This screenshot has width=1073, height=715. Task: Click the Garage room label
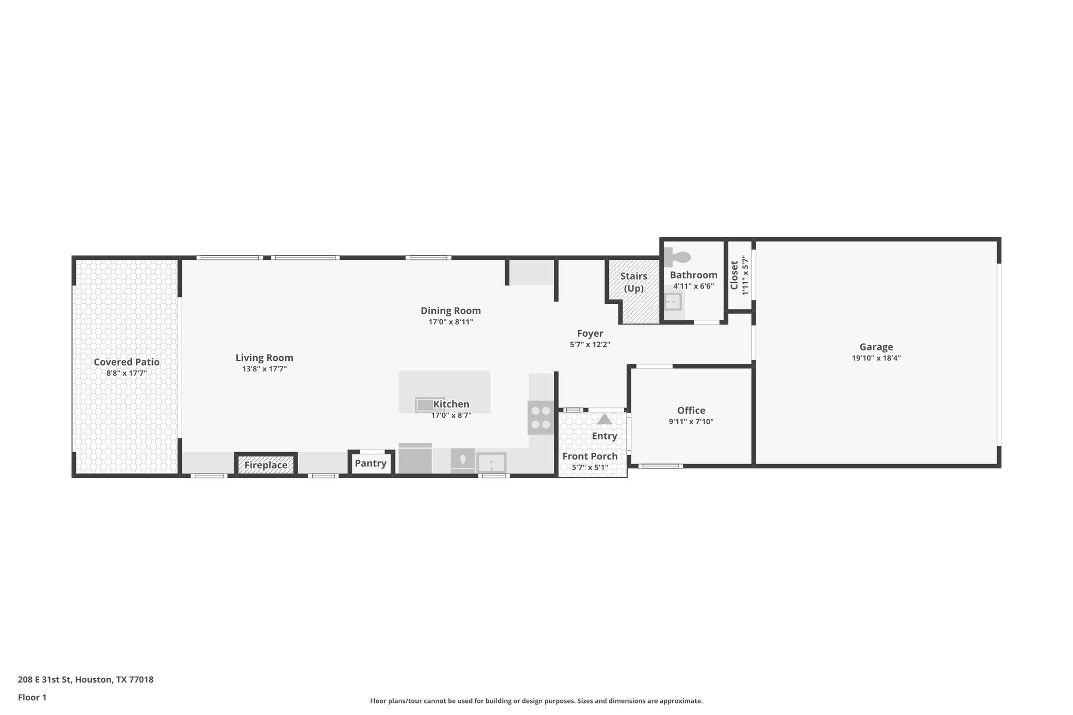(x=876, y=347)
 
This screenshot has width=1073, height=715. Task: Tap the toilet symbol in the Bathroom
(x=678, y=257)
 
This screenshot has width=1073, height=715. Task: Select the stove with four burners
(x=541, y=417)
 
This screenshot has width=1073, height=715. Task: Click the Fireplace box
(x=266, y=465)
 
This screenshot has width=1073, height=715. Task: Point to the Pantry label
(x=370, y=463)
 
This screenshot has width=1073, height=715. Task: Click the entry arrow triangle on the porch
(x=604, y=419)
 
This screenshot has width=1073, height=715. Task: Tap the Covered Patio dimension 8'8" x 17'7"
(x=127, y=373)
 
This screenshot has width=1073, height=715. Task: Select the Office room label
(x=691, y=410)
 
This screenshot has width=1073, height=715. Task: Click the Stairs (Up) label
(x=633, y=282)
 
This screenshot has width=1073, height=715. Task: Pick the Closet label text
(x=734, y=275)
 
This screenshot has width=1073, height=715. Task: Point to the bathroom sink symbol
(x=672, y=302)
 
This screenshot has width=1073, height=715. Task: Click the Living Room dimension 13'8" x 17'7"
(x=264, y=369)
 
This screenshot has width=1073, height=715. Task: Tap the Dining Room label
(x=451, y=311)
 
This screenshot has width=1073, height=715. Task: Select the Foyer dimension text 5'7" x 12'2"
(x=590, y=345)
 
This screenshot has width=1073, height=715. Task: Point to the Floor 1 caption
(x=32, y=697)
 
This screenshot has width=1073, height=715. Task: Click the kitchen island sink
(x=430, y=405)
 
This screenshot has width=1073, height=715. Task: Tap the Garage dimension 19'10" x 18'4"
(x=876, y=358)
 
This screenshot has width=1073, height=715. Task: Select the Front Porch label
(x=590, y=456)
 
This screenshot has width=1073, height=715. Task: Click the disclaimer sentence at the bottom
(x=536, y=701)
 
